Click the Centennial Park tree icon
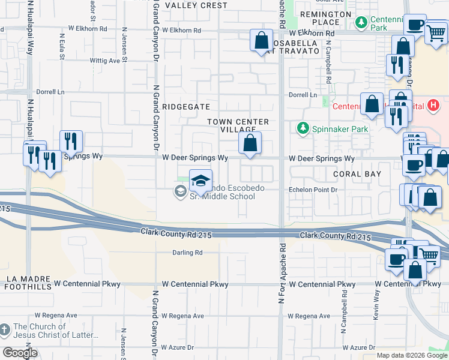click(x=361, y=23)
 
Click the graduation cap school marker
click(x=201, y=179)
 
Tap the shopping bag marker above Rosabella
click(x=262, y=41)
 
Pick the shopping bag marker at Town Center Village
click(x=250, y=143)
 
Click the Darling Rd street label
click(x=187, y=253)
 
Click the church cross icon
click(x=5, y=330)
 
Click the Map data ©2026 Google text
click(x=412, y=355)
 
